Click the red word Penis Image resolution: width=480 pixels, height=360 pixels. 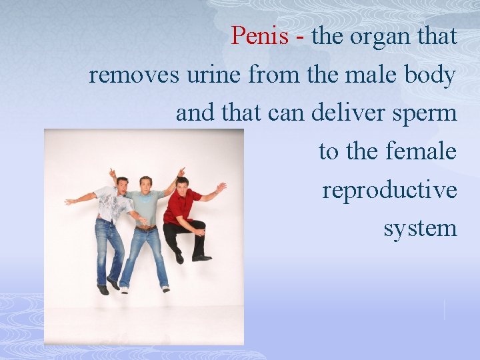coord(261,36)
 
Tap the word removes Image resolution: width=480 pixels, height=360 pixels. coord(134,75)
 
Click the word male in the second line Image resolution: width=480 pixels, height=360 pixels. coord(363,75)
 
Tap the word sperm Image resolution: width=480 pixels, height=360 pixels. coord(425,113)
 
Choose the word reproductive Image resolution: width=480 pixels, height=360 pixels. coord(389,190)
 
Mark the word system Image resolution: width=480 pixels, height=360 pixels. coord(420,228)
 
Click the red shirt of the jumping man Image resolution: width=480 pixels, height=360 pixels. coord(181,206)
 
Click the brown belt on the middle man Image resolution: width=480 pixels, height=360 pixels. coord(145,227)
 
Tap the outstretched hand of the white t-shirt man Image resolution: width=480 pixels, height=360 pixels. coord(69,201)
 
